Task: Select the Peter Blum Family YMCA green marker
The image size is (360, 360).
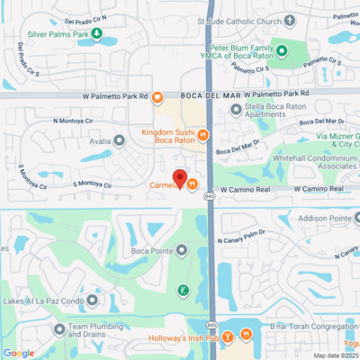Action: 282,50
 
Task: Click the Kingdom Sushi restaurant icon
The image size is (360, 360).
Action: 203,135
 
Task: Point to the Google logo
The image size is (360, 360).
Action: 18,353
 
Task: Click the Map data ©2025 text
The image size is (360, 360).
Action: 335,355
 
